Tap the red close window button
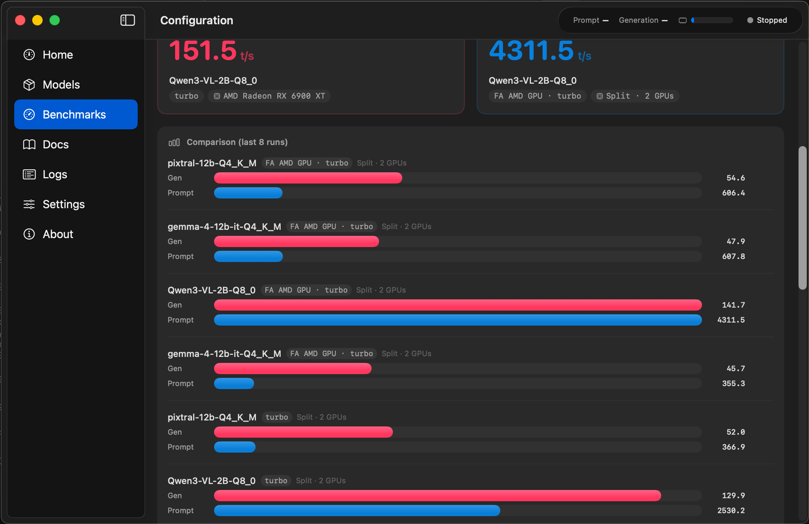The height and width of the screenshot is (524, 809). pyautogui.click(x=20, y=20)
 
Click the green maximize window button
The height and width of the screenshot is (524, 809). pyautogui.click(x=55, y=20)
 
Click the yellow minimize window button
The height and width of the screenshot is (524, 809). pyautogui.click(x=37, y=20)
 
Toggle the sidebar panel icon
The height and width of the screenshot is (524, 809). pyautogui.click(x=128, y=20)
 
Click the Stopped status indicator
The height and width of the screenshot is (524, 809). pyautogui.click(x=767, y=20)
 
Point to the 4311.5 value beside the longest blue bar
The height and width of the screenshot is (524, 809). pyautogui.click(x=731, y=320)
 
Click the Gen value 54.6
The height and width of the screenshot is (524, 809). pyautogui.click(x=736, y=178)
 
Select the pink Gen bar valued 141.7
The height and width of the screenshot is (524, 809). pyautogui.click(x=458, y=305)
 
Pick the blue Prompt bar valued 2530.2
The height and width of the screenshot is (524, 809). pyautogui.click(x=357, y=511)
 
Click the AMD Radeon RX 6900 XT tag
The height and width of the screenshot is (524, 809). pyautogui.click(x=269, y=96)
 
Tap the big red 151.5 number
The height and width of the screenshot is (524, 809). pyautogui.click(x=203, y=51)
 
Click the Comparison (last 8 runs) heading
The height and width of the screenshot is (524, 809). pyautogui.click(x=237, y=142)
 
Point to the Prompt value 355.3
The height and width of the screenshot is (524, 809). pyautogui.click(x=733, y=383)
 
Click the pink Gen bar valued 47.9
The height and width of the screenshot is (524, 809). pyautogui.click(x=296, y=241)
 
